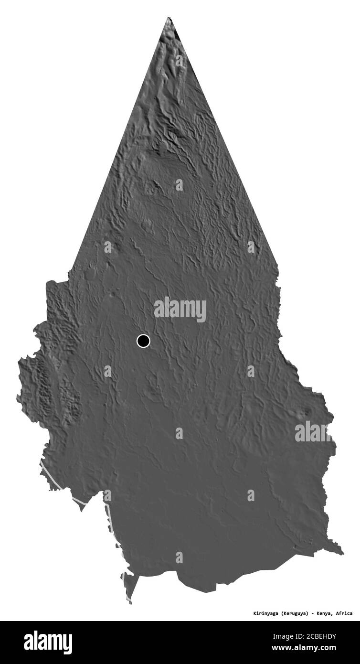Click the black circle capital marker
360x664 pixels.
click(x=143, y=341)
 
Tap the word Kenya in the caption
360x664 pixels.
click(x=326, y=613)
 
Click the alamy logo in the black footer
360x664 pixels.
click(x=48, y=642)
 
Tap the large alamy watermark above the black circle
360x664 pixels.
click(x=180, y=310)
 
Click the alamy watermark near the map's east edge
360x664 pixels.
click(x=313, y=432)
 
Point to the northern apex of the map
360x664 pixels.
click(x=168, y=18)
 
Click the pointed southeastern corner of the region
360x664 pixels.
click(x=342, y=554)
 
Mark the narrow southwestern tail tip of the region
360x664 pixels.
click(x=129, y=603)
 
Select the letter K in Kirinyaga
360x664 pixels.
click(x=254, y=613)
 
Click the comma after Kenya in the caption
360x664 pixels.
click(x=334, y=614)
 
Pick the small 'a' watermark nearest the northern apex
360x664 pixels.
click(x=180, y=61)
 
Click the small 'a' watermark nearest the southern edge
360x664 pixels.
click(x=179, y=557)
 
